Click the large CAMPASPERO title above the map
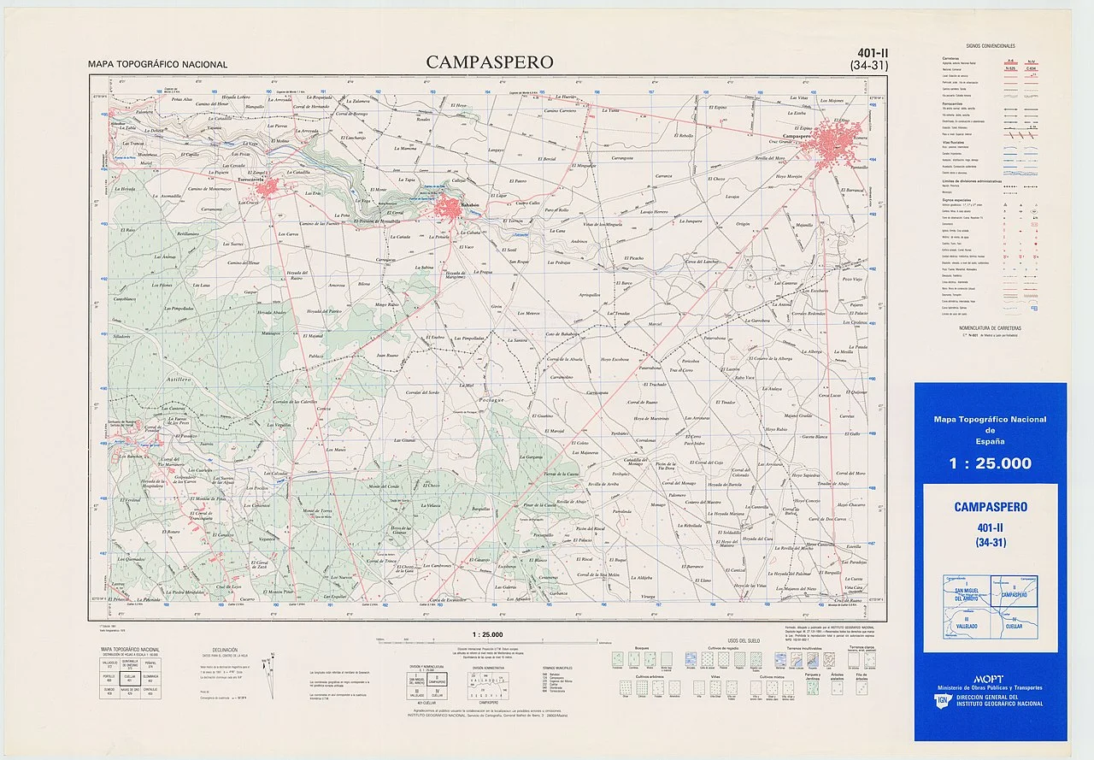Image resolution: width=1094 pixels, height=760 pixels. tap(489, 62)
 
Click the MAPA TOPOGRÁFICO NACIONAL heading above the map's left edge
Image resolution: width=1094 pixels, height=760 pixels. tap(157, 65)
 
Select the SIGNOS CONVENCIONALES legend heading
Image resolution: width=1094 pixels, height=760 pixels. tap(990, 45)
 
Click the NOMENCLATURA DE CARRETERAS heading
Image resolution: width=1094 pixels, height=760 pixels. tap(990, 327)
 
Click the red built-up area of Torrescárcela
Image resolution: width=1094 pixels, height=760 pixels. tap(268, 186)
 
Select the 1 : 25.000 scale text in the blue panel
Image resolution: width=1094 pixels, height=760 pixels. tap(990, 463)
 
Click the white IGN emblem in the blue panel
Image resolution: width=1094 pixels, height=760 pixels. tap(940, 701)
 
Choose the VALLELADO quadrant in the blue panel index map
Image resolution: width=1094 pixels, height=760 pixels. tap(967, 624)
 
